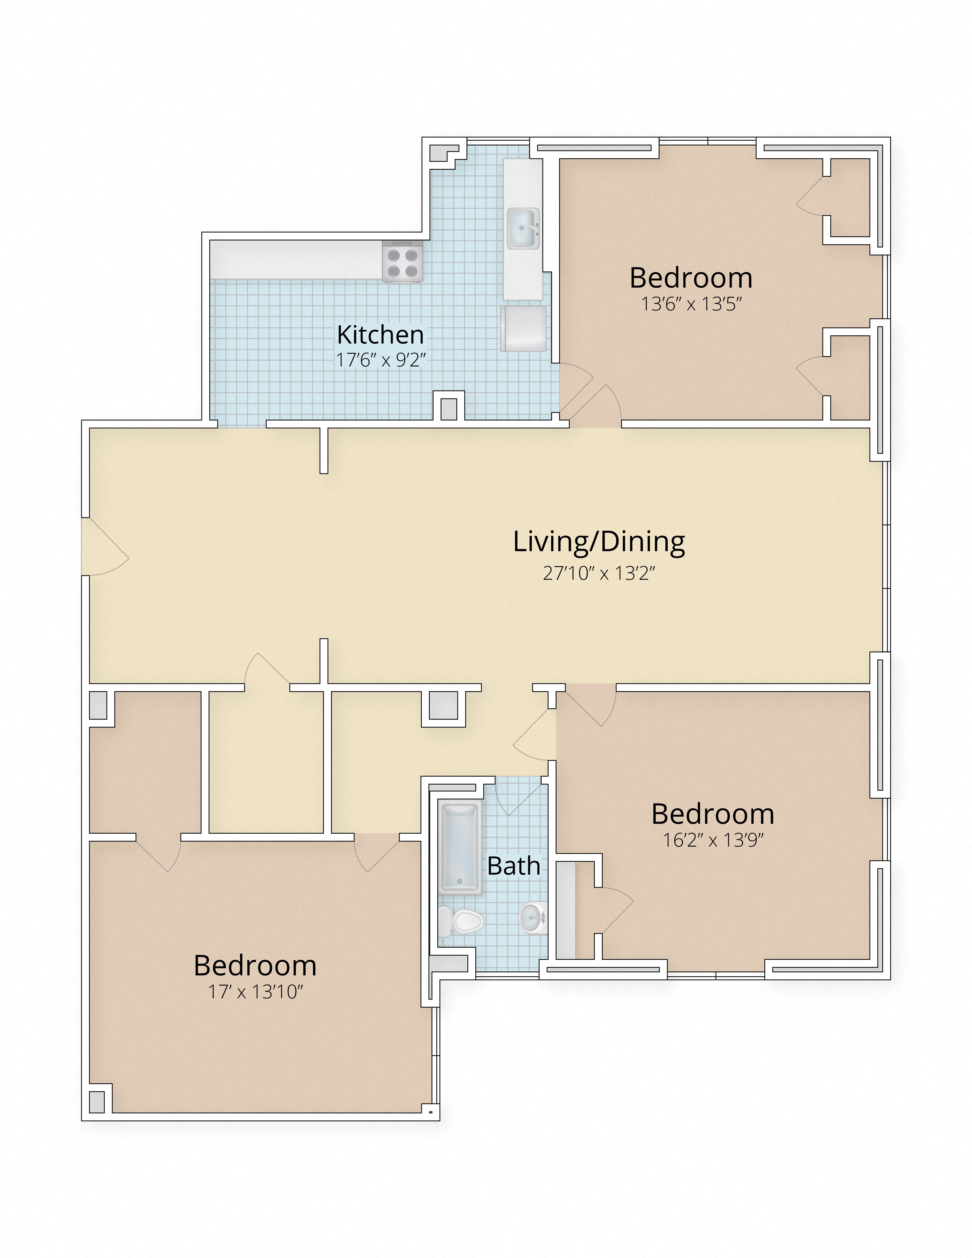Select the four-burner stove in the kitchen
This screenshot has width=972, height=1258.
pyautogui.click(x=402, y=261)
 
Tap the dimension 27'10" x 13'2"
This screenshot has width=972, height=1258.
pyautogui.click(x=599, y=573)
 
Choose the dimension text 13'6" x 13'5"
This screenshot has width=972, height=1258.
pyautogui.click(x=691, y=304)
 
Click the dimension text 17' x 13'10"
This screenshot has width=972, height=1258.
pyautogui.click(x=255, y=992)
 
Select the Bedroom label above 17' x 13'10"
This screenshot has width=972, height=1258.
pyautogui.click(x=255, y=965)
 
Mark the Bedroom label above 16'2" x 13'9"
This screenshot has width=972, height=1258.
pyautogui.click(x=713, y=814)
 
